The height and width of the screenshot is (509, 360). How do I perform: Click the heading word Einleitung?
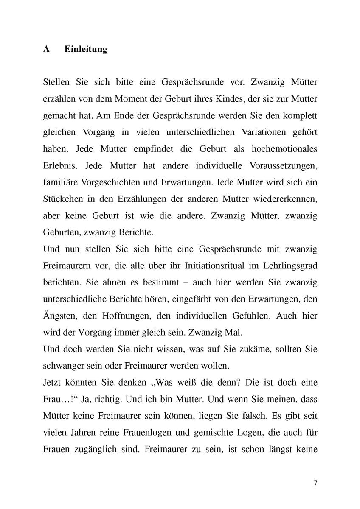(x=86, y=49)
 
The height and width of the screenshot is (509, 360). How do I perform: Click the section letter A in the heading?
(x=47, y=49)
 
